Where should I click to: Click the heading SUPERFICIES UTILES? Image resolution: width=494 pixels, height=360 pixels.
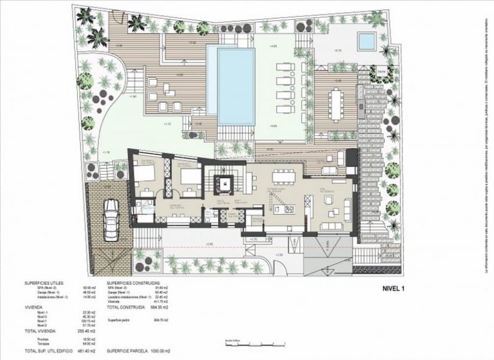[44, 283]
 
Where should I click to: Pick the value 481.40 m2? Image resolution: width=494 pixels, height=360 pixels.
[85, 352]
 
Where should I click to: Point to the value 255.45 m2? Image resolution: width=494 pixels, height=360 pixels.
[85, 330]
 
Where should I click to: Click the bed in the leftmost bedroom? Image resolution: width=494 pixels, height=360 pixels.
[145, 172]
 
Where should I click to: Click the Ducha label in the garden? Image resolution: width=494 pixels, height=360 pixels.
[365, 71]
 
